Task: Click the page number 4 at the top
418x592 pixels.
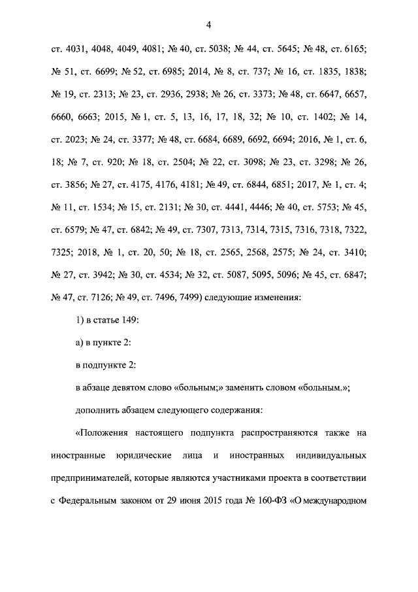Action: point(208,26)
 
